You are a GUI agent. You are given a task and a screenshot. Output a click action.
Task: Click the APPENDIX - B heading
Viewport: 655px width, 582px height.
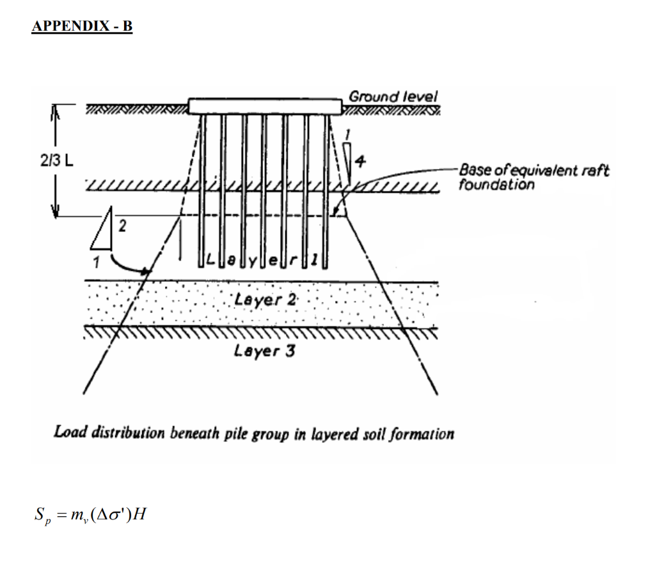click(x=82, y=27)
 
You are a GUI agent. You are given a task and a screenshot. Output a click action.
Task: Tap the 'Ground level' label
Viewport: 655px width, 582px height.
click(x=393, y=97)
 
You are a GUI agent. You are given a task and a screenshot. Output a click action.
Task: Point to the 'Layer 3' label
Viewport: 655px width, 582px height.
click(x=264, y=350)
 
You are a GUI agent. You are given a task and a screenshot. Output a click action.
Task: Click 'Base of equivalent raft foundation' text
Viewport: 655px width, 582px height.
click(x=533, y=178)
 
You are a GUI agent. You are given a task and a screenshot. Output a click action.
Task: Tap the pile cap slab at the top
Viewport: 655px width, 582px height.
click(x=264, y=105)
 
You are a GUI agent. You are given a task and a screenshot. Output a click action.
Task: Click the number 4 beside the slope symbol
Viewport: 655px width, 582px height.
click(x=361, y=162)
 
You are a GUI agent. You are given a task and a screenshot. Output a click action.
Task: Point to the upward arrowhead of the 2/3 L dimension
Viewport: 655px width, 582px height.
click(x=54, y=112)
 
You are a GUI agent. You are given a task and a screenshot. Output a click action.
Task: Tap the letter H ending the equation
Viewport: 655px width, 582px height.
click(x=139, y=513)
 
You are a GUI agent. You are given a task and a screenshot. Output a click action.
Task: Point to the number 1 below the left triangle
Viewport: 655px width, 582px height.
click(x=96, y=261)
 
